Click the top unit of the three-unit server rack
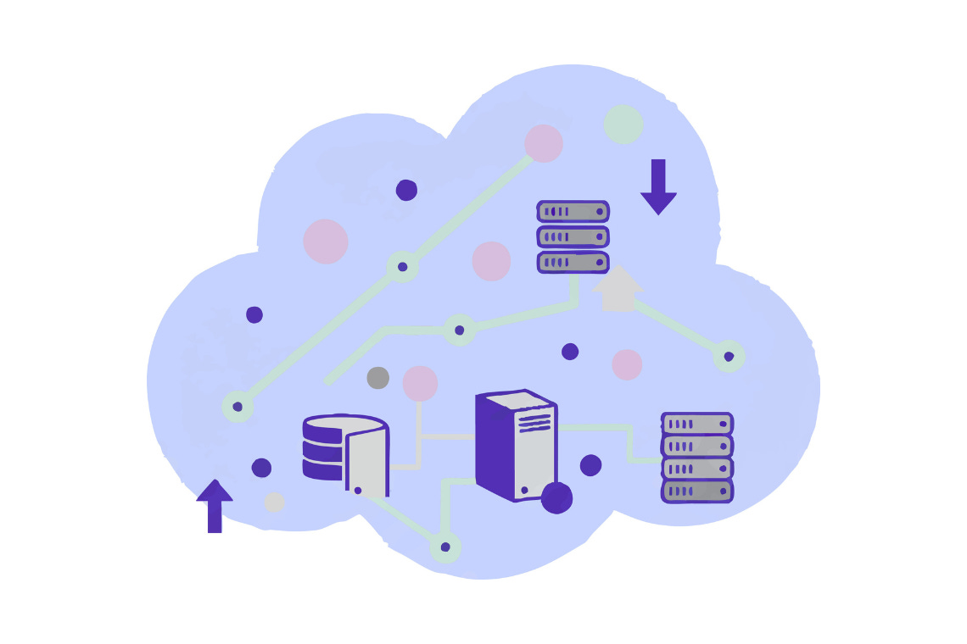coord(573,211)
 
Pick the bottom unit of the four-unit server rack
coord(697,491)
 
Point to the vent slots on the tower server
coord(534,419)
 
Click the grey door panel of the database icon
coord(366,462)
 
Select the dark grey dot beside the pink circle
coord(378,378)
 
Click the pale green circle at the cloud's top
coord(623,124)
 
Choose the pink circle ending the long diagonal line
coord(544,143)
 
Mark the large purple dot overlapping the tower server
coord(556,497)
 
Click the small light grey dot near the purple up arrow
coord(274,502)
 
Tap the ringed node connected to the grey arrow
coord(729,357)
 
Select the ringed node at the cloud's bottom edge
coord(445,547)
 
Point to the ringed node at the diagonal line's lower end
coord(238,407)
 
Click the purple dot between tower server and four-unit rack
coord(590,465)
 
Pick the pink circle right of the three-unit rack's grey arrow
coord(627,364)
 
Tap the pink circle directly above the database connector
coord(420,383)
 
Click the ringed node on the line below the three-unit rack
coord(459,330)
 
